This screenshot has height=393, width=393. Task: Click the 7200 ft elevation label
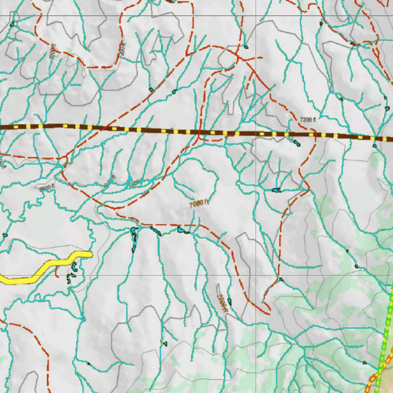(x=307, y=120)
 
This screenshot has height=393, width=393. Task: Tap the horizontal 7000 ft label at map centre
(x=199, y=204)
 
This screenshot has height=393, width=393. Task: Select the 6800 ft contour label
(x=47, y=187)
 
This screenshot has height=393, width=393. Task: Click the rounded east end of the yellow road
(x=90, y=254)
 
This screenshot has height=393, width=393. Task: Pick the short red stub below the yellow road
(x=57, y=272)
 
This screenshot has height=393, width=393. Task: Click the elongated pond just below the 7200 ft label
(x=296, y=143)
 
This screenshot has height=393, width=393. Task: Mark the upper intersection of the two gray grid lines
(x=256, y=16)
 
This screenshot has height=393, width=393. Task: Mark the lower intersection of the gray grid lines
(x=256, y=275)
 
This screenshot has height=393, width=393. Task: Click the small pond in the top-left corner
(x=12, y=24)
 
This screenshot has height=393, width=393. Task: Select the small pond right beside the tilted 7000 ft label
(x=230, y=301)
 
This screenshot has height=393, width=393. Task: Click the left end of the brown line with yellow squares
(x=2, y=126)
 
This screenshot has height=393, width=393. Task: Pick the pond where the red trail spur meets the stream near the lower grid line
(x=281, y=279)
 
